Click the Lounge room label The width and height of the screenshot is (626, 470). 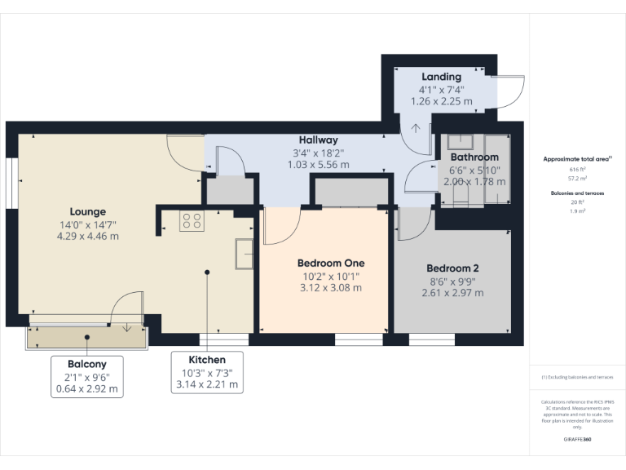(x=87, y=211)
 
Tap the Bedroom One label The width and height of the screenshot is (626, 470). (x=330, y=264)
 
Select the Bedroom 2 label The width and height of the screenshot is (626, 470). (x=452, y=268)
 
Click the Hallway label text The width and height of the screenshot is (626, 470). (x=318, y=140)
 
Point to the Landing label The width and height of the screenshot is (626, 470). (x=441, y=78)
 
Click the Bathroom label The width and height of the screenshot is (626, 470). (x=474, y=157)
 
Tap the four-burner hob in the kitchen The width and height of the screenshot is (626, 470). (x=192, y=219)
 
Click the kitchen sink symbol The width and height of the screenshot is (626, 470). (x=244, y=253)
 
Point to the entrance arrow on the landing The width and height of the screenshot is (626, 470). (x=416, y=127)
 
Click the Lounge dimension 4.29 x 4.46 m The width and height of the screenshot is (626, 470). (x=87, y=237)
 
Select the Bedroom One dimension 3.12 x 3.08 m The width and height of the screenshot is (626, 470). (x=330, y=288)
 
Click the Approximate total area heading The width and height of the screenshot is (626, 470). (x=576, y=159)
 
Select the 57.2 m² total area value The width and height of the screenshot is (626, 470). (x=577, y=177)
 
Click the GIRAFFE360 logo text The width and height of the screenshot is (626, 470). (x=576, y=440)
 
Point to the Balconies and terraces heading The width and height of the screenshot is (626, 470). (x=576, y=193)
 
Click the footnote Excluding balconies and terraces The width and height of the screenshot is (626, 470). (x=576, y=377)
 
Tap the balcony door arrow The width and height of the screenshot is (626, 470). (x=127, y=327)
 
